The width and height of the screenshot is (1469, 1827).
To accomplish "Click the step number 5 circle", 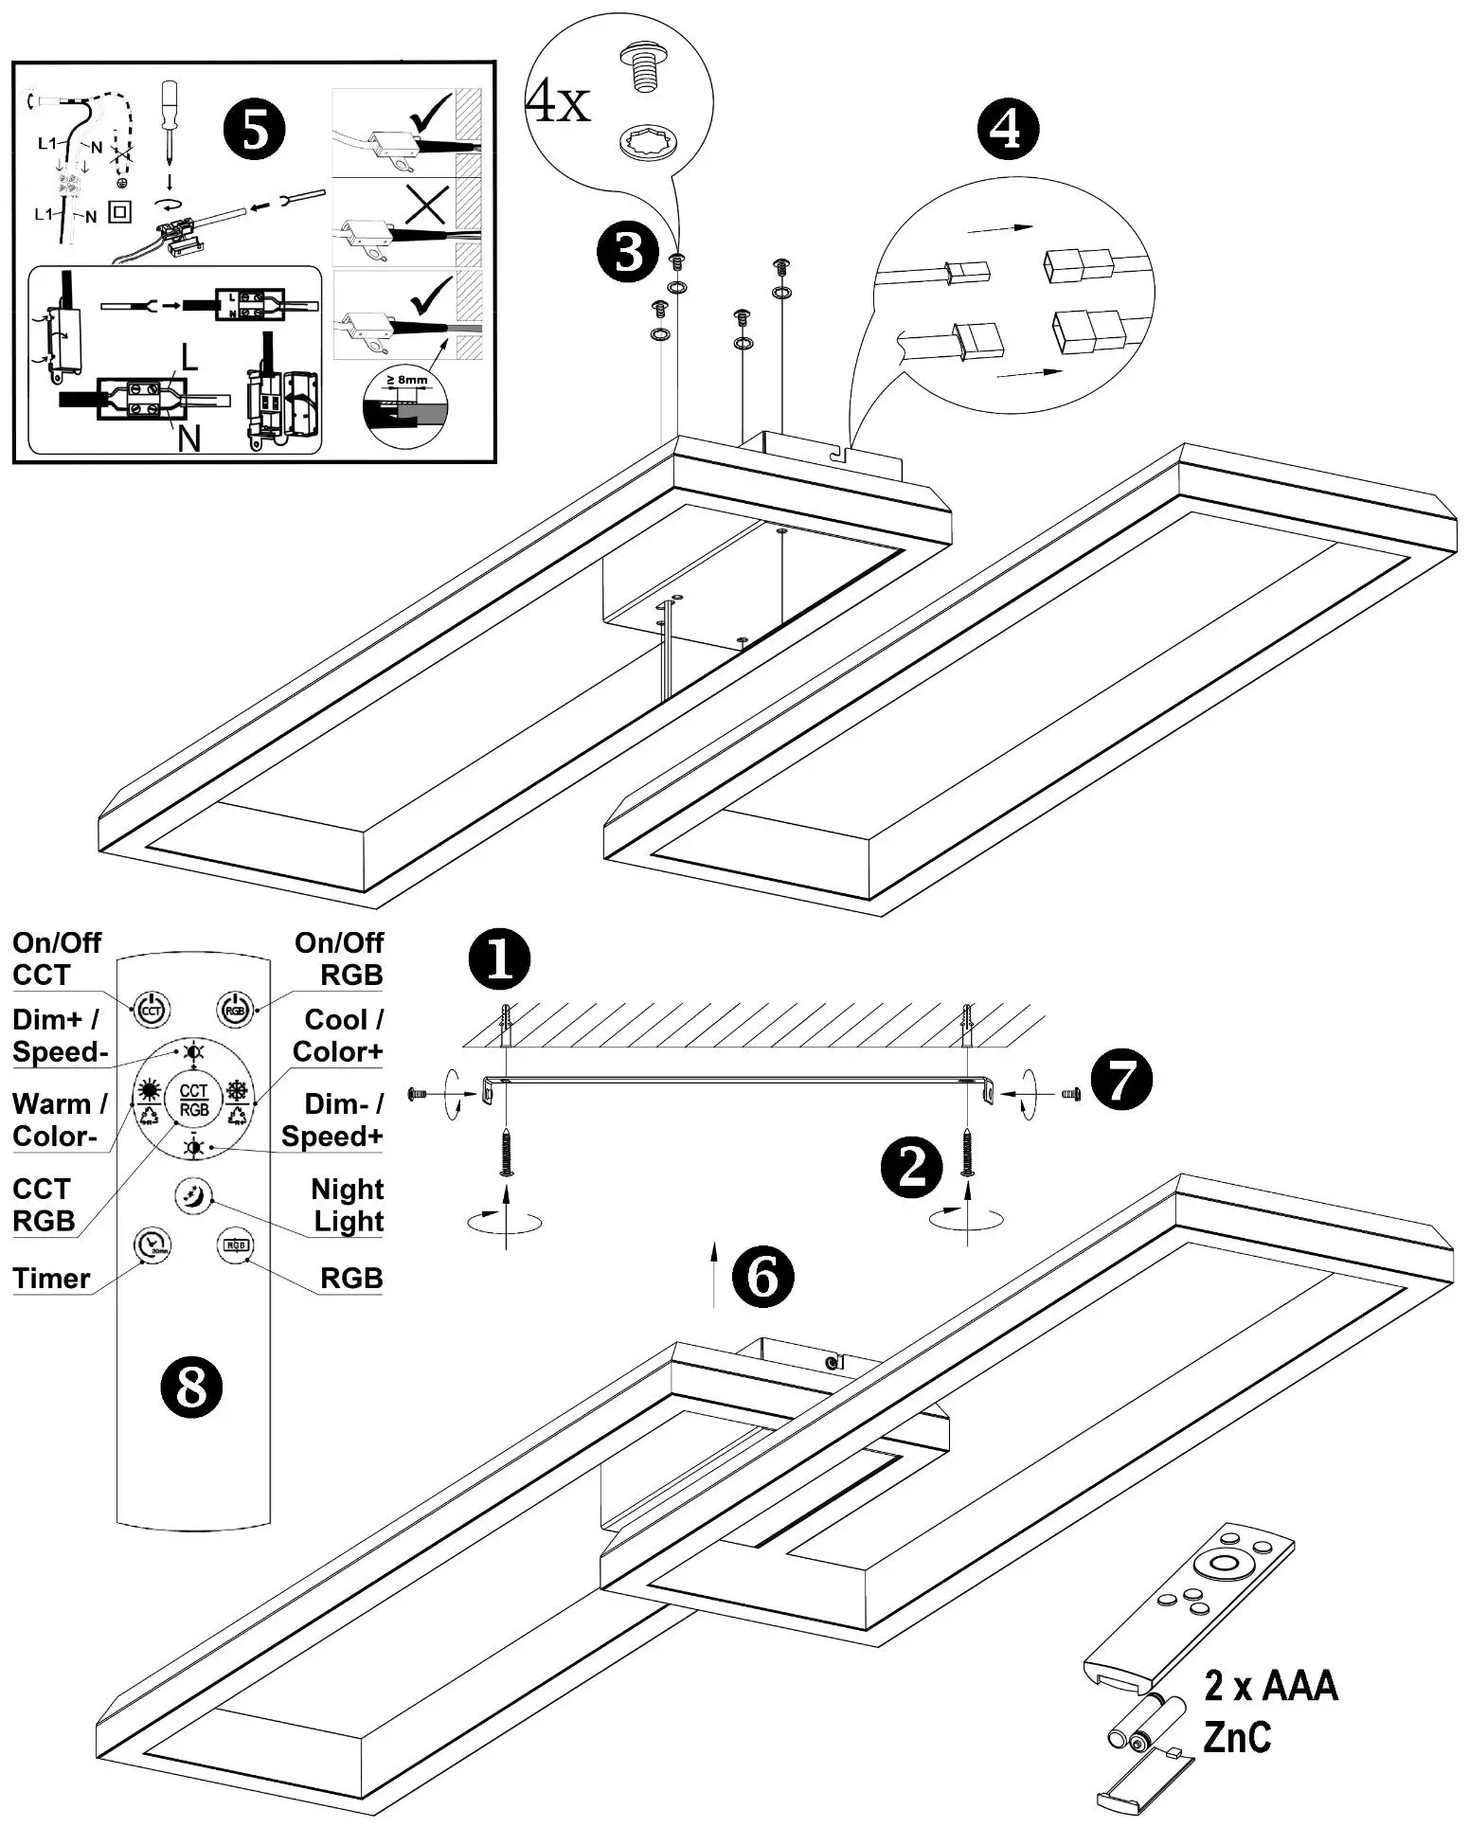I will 255,130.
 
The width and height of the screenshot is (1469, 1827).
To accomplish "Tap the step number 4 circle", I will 1007,130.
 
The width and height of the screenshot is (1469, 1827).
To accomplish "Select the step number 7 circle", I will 1120,1081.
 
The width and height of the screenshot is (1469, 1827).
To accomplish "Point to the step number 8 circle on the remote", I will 190,1388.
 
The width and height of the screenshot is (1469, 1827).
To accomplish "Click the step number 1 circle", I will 499,959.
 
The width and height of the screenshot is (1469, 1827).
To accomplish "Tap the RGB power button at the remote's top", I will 234,1010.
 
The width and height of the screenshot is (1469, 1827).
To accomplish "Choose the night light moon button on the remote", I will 192,1195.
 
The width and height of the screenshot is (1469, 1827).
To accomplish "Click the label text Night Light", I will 348,1205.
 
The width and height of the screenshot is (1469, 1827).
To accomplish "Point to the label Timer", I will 51,1279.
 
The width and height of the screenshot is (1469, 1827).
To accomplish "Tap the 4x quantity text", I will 558,102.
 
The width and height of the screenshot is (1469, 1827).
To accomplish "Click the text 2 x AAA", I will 1271,1686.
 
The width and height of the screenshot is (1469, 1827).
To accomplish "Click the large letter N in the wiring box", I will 189,439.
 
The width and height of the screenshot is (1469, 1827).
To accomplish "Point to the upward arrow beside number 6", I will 713,1276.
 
